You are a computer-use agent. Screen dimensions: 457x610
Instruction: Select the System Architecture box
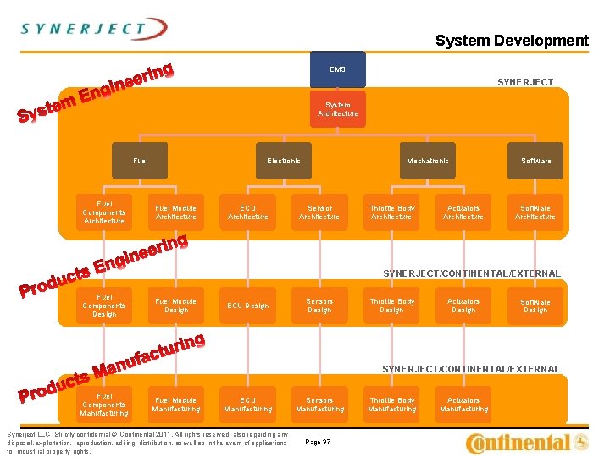[337, 109]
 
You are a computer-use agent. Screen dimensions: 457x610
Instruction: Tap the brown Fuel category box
[140, 161]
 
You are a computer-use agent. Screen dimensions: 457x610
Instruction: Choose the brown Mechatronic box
[428, 161]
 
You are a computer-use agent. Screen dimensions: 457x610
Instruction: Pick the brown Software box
[535, 161]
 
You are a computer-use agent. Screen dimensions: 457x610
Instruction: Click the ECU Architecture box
[247, 212]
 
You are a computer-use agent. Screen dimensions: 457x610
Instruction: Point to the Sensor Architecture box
[319, 212]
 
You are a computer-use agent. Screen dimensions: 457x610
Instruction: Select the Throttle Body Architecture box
[391, 212]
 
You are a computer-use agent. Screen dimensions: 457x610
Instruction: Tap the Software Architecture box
[535, 212]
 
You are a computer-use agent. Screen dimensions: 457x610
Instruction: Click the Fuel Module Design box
[176, 306]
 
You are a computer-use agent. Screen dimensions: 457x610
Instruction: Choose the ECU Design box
[247, 306]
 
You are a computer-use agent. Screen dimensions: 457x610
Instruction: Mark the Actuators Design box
[463, 306]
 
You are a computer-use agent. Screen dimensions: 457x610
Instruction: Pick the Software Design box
[535, 306]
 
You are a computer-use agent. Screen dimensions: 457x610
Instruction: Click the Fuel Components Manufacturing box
[104, 405]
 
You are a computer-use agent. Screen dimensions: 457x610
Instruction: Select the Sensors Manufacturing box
[319, 405]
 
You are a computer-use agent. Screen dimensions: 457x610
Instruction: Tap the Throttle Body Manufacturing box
[391, 405]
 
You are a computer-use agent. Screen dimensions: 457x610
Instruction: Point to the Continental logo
[526, 442]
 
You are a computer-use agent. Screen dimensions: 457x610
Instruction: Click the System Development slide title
[511, 41]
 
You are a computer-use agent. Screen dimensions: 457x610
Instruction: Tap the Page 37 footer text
[318, 442]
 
